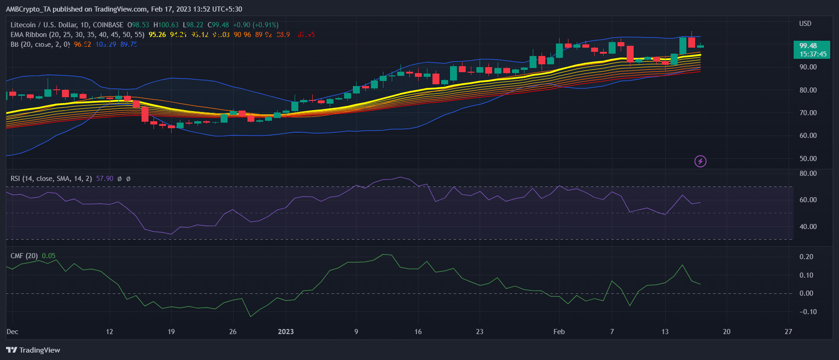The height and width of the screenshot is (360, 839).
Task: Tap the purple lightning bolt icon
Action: tap(700, 161)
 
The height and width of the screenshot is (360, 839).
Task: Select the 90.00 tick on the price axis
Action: tap(808, 67)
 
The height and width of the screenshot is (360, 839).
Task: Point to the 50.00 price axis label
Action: tap(808, 159)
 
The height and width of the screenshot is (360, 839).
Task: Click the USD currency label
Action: tap(805, 24)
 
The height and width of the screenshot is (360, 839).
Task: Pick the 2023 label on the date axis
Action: tap(285, 332)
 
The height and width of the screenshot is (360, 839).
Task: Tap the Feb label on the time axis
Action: tap(559, 332)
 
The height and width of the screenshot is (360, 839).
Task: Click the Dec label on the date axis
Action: tap(12, 332)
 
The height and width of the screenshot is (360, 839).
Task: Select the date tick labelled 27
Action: tap(788, 332)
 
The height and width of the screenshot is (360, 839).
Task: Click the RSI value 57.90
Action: tap(105, 179)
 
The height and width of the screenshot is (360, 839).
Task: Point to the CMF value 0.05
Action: tap(49, 256)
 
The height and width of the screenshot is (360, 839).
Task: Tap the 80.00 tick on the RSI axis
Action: tap(808, 174)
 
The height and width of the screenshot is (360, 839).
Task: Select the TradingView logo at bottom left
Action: tap(33, 350)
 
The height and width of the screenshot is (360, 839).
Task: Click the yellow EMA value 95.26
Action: tap(157, 35)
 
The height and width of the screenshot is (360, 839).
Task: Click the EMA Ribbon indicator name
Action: tap(29, 35)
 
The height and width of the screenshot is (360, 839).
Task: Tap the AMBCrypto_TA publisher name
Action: tap(28, 9)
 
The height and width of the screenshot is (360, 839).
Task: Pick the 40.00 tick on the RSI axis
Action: tap(808, 227)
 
